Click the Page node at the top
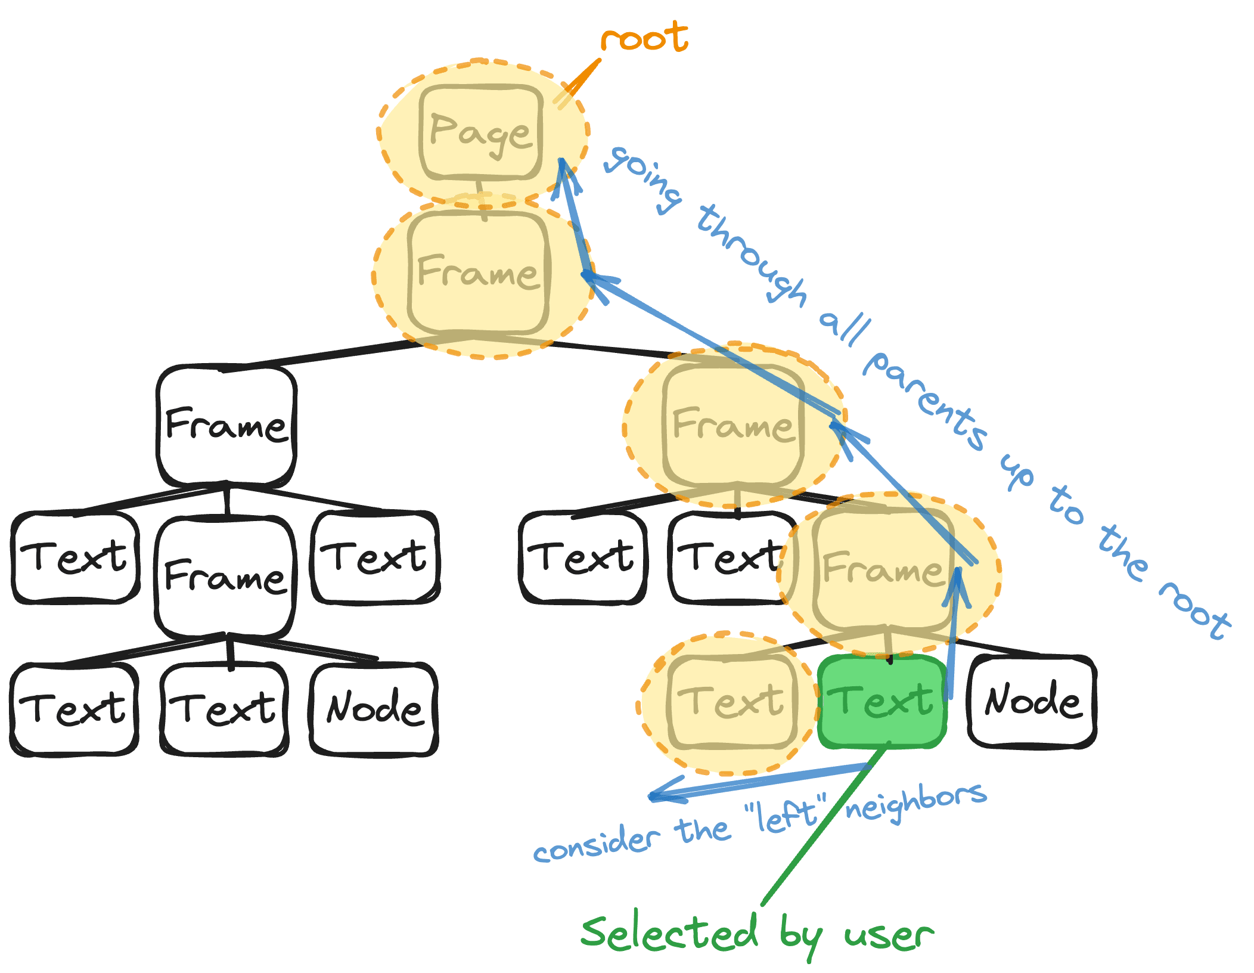coord(480,132)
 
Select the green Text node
coord(883,701)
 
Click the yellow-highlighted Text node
coord(732,701)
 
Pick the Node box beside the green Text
coord(1032,701)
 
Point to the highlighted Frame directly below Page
coord(478,273)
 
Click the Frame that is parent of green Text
coord(883,569)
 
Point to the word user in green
coord(888,935)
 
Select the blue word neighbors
coord(915,802)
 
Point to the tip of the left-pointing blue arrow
coord(651,798)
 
